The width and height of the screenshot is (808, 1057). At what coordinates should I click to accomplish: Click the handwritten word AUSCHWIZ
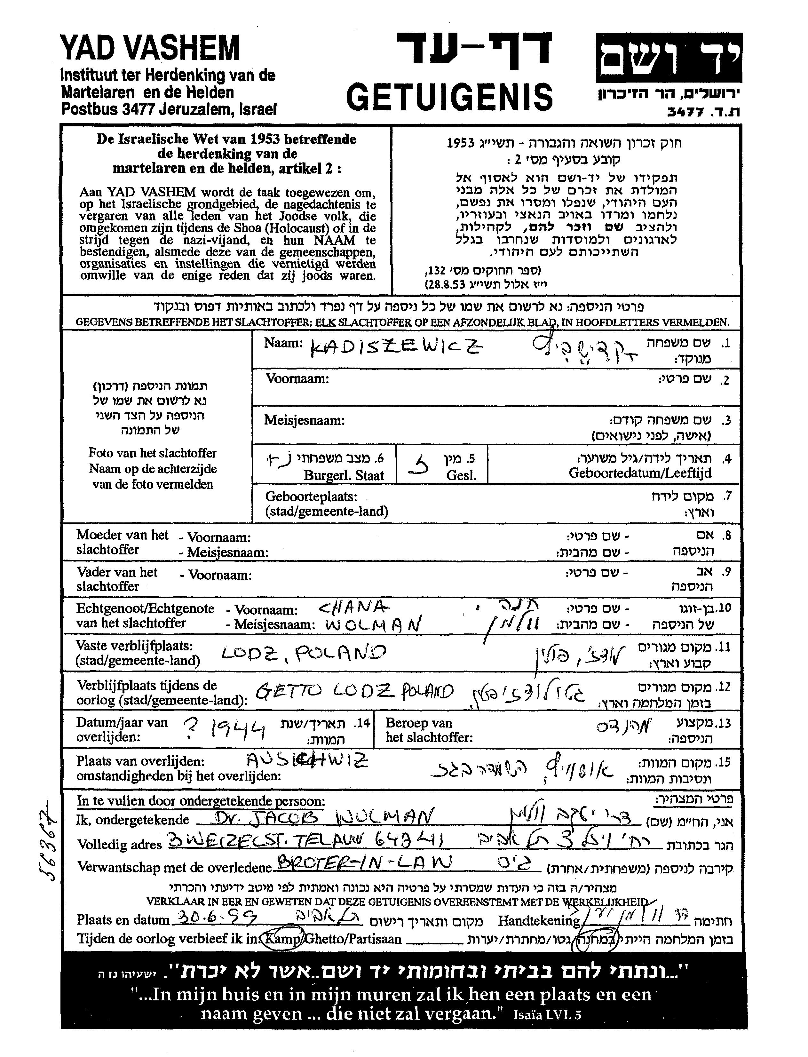point(307,760)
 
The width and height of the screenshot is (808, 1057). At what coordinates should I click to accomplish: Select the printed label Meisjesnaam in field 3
point(304,420)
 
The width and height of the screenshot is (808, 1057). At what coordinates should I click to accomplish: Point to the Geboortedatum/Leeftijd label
point(640,473)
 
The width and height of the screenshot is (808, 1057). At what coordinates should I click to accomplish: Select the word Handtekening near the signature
point(539,920)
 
